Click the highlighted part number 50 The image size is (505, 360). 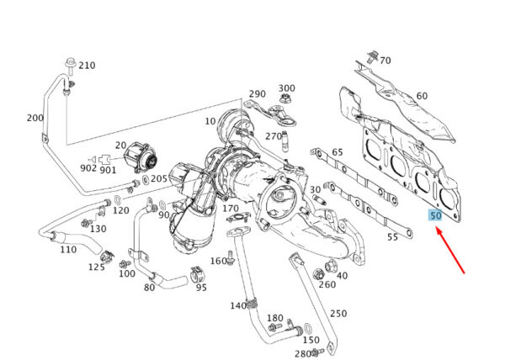435,215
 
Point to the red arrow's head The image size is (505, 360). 437,230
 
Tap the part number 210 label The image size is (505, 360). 87,66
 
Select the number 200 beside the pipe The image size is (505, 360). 35,118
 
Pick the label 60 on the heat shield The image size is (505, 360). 422,96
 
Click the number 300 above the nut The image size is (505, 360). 286,88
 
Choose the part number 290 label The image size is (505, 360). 257,94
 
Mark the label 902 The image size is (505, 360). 88,167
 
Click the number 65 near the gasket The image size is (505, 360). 338,152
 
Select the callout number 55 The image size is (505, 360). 392,238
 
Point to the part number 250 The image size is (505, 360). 338,314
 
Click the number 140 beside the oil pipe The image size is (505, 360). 238,304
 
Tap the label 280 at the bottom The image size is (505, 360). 301,353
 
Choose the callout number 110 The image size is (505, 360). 67,250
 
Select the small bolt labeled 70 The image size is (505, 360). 371,57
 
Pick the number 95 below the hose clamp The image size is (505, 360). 201,288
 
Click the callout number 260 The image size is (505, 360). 327,284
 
